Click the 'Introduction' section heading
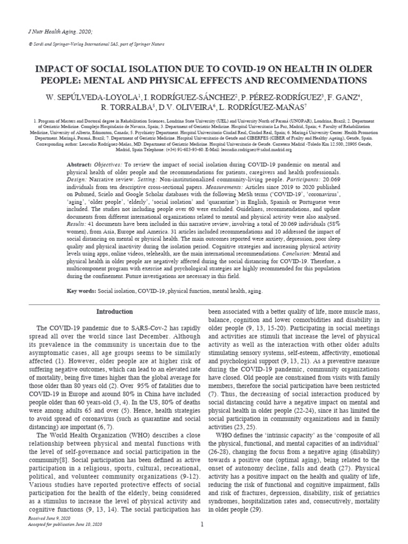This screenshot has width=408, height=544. (115, 312)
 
